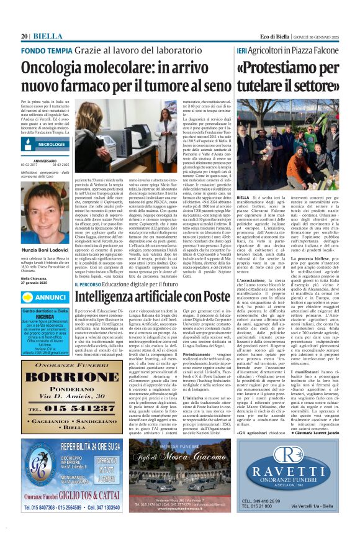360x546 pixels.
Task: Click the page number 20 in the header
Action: pyautogui.click(x=25, y=36)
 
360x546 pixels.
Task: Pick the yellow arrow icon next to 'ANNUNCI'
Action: pyautogui.click(x=29, y=297)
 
